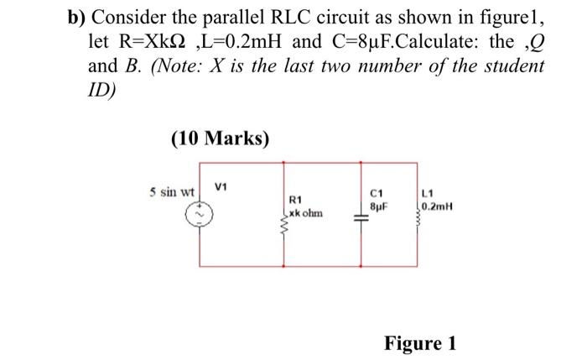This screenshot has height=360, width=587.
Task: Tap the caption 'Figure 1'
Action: click(x=420, y=343)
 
